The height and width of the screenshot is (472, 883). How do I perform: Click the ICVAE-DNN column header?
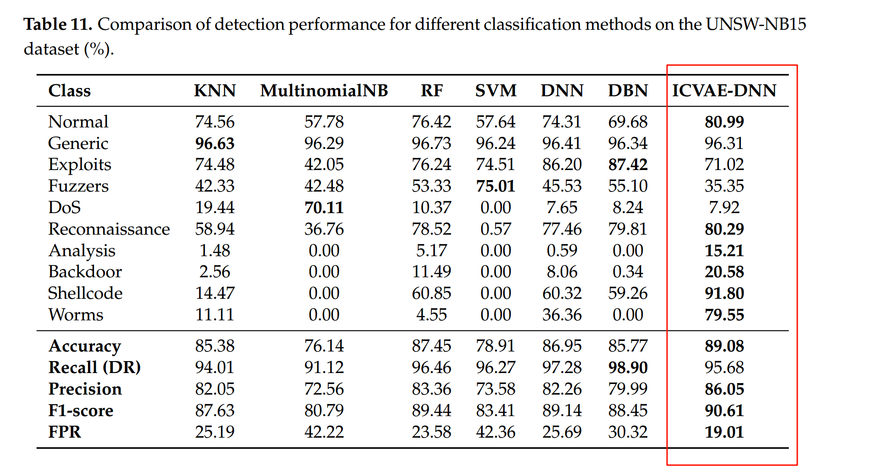[724, 91]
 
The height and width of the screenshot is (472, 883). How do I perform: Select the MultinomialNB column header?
[324, 91]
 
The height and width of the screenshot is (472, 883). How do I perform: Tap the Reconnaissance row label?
[109, 229]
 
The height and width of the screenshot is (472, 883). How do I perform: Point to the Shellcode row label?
[85, 293]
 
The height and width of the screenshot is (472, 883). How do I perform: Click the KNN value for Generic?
[215, 143]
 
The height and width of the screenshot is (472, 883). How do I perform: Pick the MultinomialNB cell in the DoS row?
[324, 208]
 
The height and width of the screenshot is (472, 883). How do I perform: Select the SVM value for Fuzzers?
[496, 186]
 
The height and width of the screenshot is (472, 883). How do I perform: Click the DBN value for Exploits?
[628, 165]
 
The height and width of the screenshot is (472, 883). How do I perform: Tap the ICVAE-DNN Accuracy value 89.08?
[724, 346]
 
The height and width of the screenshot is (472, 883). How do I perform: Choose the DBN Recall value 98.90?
[628, 368]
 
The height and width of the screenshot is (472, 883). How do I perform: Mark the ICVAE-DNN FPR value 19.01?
[724, 432]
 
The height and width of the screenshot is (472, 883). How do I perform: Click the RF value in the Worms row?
[431, 315]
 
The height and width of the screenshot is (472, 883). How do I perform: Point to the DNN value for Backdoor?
[562, 272]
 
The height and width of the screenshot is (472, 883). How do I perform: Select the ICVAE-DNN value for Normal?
[724, 122]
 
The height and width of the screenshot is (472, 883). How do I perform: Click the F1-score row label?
[81, 411]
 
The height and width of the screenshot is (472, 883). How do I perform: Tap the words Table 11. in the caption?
[58, 24]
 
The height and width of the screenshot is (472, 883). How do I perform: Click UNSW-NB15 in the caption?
[756, 24]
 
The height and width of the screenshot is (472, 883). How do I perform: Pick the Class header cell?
[70, 91]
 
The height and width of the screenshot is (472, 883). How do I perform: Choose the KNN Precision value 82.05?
[215, 389]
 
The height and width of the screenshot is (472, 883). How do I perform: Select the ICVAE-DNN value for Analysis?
[724, 251]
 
